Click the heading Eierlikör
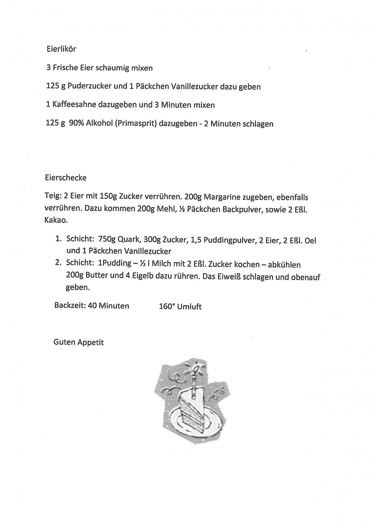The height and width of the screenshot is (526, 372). coord(61,49)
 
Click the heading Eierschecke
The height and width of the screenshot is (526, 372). coord(66,178)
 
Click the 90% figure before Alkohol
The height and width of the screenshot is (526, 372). coord(77,124)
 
